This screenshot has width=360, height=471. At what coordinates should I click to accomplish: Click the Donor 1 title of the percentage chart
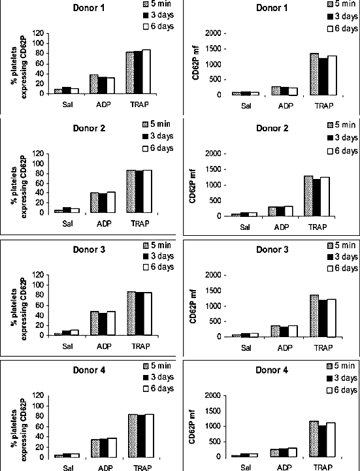pyautogui.click(x=89, y=8)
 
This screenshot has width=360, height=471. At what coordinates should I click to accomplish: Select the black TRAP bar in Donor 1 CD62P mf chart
pyautogui.click(x=323, y=76)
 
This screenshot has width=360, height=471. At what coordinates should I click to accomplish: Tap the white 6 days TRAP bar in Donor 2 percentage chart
pyautogui.click(x=147, y=191)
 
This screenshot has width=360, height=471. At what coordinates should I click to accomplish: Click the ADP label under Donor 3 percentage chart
pyautogui.click(x=104, y=346)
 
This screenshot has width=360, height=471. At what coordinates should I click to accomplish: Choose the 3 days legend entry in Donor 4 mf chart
pyautogui.click(x=342, y=378)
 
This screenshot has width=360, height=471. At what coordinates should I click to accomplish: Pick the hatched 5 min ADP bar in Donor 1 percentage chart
pyautogui.click(x=93, y=84)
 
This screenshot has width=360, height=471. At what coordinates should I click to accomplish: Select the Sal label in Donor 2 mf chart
pyautogui.click(x=245, y=227)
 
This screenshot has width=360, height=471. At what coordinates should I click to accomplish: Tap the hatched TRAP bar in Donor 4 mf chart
pyautogui.click(x=314, y=439)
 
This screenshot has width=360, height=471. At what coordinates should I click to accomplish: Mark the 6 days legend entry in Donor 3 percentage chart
pyautogui.click(x=157, y=267)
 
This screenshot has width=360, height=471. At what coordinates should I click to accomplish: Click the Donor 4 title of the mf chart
pyautogui.click(x=272, y=370)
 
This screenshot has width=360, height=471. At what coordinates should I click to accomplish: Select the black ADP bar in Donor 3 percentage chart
pyautogui.click(x=103, y=324)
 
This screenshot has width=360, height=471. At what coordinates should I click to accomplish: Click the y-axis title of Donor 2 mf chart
pyautogui.click(x=193, y=186)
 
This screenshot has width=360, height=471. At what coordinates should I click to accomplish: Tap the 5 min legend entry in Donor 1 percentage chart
pyautogui.click(x=157, y=4)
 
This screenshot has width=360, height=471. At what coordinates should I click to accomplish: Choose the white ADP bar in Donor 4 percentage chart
pyautogui.click(x=112, y=447)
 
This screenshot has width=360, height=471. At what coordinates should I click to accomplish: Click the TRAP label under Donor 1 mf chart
pyautogui.click(x=324, y=106)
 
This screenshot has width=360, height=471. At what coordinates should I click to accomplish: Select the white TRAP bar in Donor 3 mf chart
pyautogui.click(x=331, y=318)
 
